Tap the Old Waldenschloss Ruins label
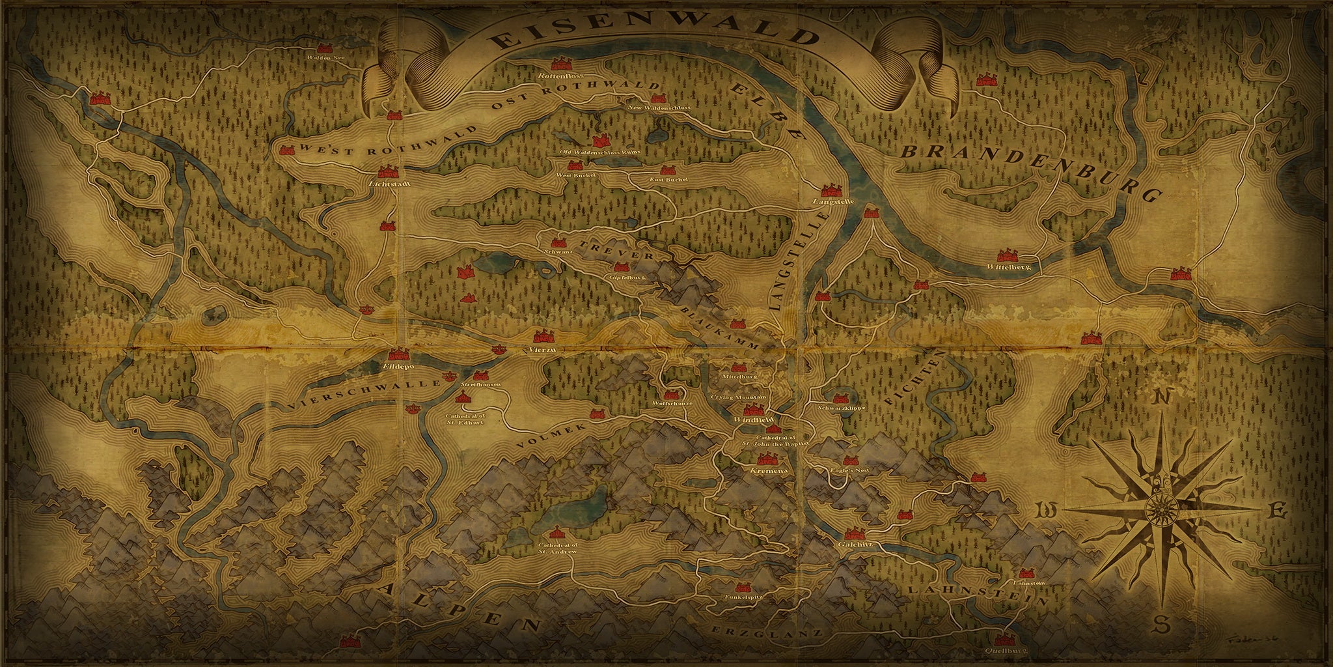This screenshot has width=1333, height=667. (600, 152)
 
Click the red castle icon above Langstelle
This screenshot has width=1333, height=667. (831, 190)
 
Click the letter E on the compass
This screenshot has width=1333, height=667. (1278, 512)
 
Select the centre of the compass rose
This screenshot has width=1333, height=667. (1159, 509)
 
